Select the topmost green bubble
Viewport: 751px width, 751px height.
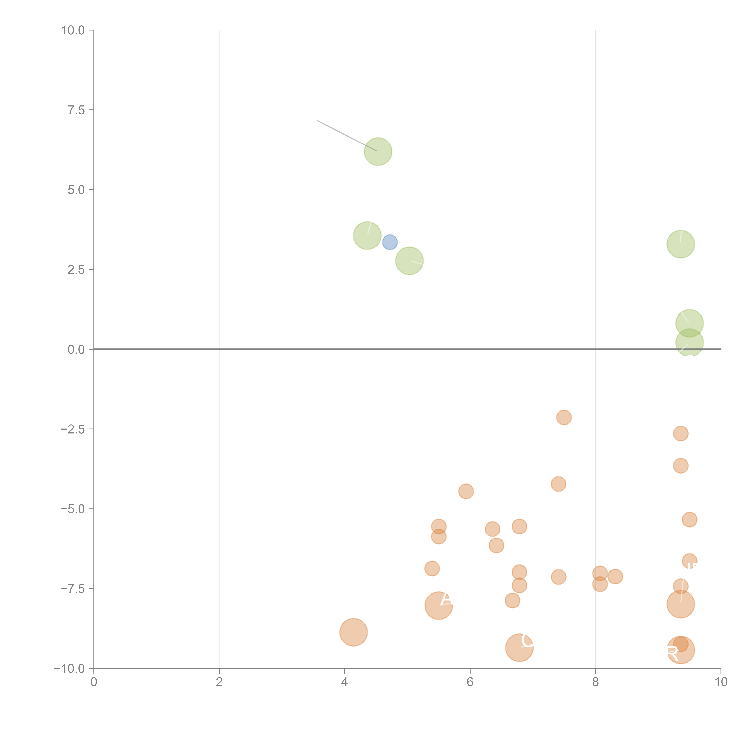pos(378,152)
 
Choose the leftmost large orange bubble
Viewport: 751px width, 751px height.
pos(353,632)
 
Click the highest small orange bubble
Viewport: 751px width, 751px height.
pos(564,418)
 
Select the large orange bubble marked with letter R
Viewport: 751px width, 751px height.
pos(680,650)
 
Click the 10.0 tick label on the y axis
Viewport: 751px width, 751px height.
pos(73,30)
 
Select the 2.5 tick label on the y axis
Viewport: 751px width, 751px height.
pos(76,270)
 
